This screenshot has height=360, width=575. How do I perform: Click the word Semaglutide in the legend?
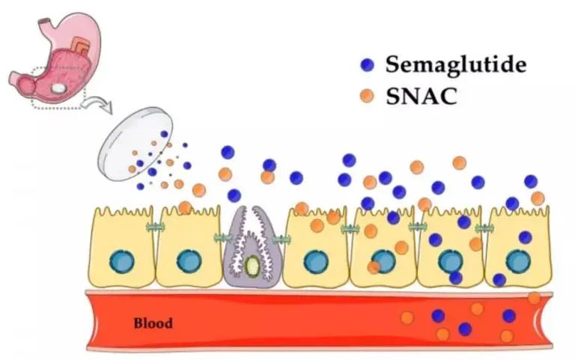point(456,64)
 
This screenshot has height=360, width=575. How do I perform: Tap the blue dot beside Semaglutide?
point(366,65)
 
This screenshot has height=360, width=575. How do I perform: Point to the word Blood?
point(153,324)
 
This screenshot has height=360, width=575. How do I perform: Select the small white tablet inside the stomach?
point(58,88)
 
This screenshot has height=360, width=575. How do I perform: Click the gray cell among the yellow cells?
point(249,244)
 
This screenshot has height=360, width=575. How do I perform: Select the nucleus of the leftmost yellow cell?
point(122,261)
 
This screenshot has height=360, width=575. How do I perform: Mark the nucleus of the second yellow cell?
point(188,261)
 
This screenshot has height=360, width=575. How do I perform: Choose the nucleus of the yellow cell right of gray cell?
point(314,261)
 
